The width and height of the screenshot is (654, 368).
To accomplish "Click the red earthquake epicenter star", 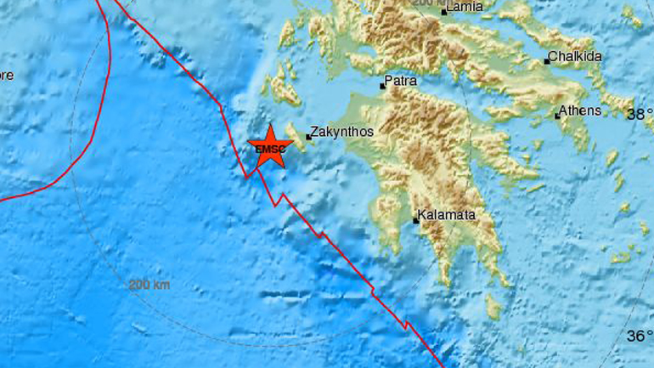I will [x=270, y=148].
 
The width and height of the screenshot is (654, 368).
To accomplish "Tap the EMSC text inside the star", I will [x=270, y=150].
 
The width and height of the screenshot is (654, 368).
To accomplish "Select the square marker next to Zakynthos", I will [x=308, y=136].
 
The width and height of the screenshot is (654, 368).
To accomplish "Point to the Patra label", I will [x=401, y=83].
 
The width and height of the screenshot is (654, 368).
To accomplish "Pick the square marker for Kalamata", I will [x=416, y=221].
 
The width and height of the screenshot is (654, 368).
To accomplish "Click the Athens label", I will [x=581, y=110].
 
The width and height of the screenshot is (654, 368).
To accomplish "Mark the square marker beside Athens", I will [x=557, y=116].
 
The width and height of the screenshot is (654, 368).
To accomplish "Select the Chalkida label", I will [x=576, y=57].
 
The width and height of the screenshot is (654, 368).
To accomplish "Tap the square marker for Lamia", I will [x=444, y=13].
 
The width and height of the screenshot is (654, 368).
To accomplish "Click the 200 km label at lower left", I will [x=149, y=285].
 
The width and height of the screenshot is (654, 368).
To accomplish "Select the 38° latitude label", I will [x=639, y=114].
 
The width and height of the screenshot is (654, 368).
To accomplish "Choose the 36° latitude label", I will [x=639, y=336].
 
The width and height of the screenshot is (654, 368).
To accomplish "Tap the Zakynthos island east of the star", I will [x=298, y=136].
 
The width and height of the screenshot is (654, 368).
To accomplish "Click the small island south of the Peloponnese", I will [x=493, y=308].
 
